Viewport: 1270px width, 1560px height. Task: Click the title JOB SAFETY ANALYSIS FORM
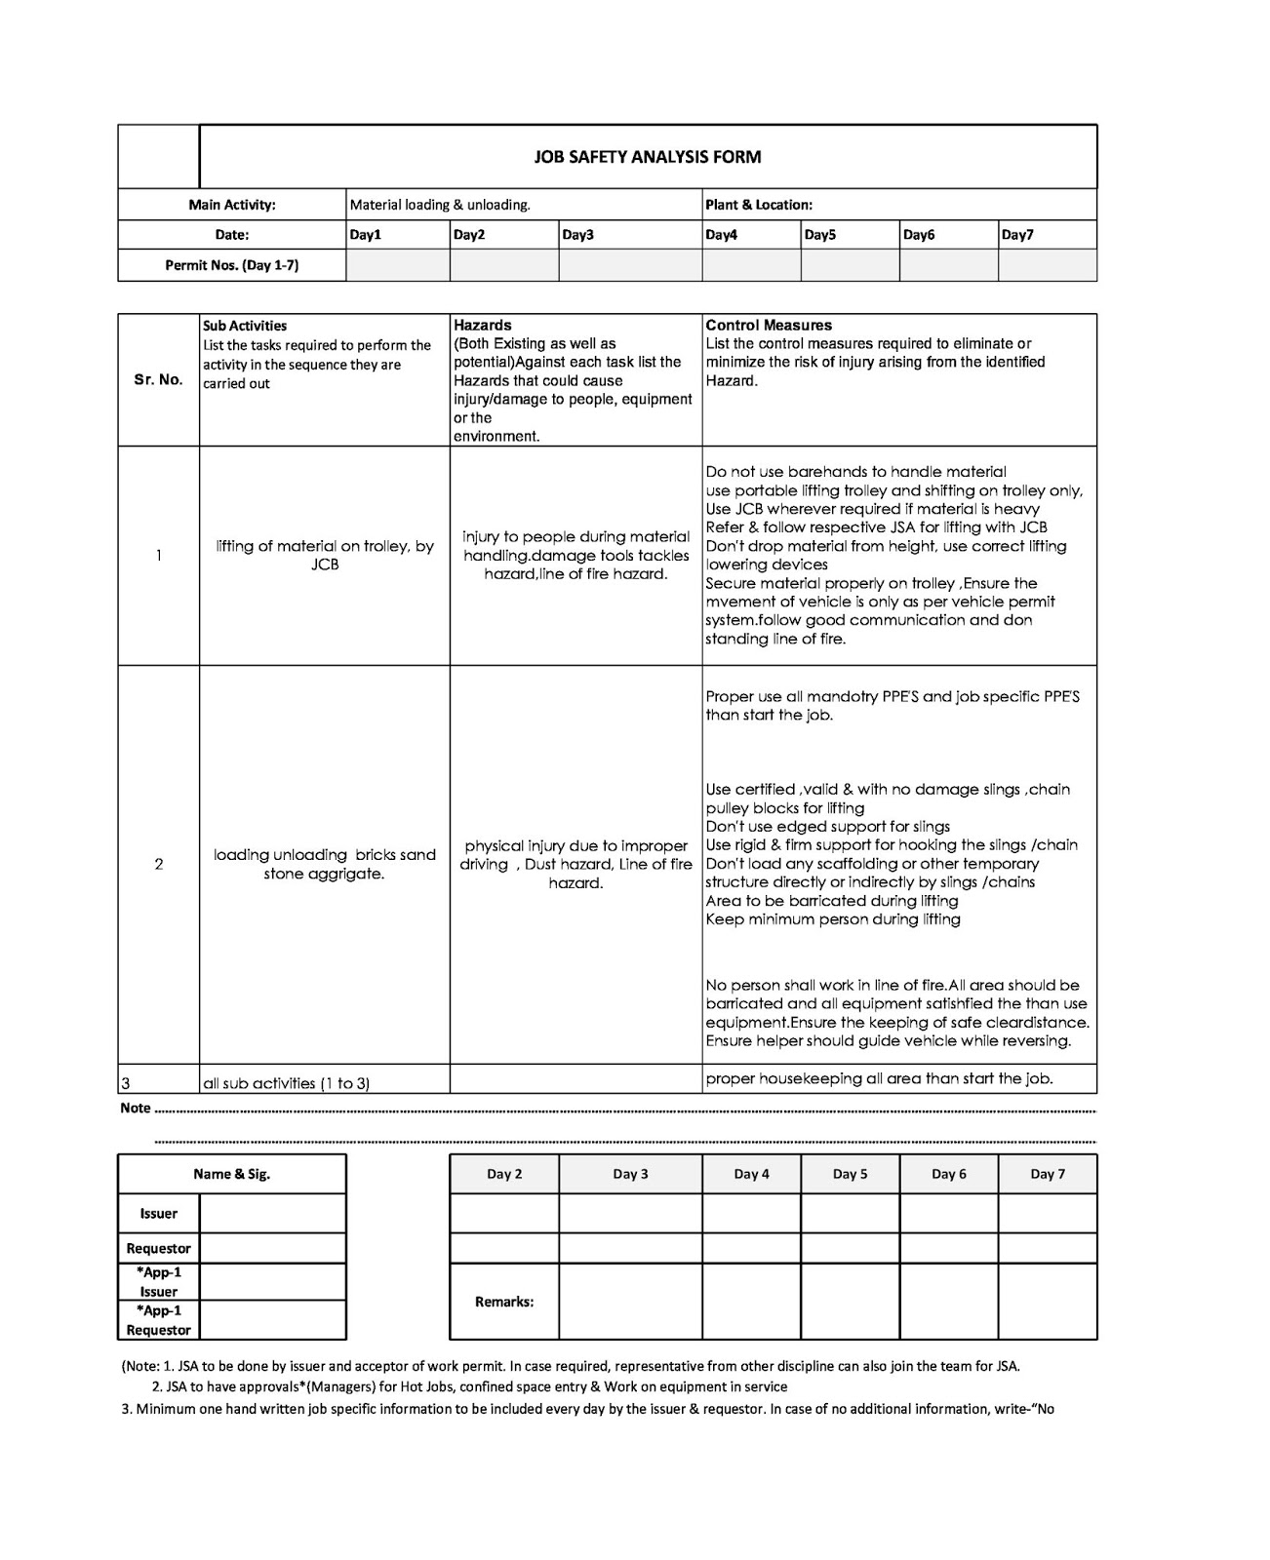coord(648,157)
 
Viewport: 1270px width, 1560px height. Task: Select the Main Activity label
coord(232,205)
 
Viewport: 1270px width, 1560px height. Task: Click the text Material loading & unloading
coord(440,205)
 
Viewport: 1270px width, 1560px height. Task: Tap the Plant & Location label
coord(758,205)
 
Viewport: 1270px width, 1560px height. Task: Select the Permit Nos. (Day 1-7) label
coord(232,265)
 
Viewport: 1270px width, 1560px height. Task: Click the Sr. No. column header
coord(158,380)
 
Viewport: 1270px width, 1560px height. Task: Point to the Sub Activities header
coord(245,326)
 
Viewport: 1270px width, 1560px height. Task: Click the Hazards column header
coord(483,326)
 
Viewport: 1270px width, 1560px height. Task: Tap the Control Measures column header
coord(769,326)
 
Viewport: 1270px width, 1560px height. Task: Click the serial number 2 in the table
coord(159,864)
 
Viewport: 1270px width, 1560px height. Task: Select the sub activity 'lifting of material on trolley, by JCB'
coord(325,556)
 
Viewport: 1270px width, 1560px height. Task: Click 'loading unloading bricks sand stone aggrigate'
coord(325,864)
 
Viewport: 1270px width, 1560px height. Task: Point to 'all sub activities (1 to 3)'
coord(286,1083)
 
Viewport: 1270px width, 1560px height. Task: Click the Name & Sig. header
coord(232,1174)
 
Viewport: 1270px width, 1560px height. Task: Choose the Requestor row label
coord(159,1248)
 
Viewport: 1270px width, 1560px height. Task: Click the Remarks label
coord(504,1302)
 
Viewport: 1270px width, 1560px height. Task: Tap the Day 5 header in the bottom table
coord(850,1174)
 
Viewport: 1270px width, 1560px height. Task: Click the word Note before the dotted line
coord(136,1109)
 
